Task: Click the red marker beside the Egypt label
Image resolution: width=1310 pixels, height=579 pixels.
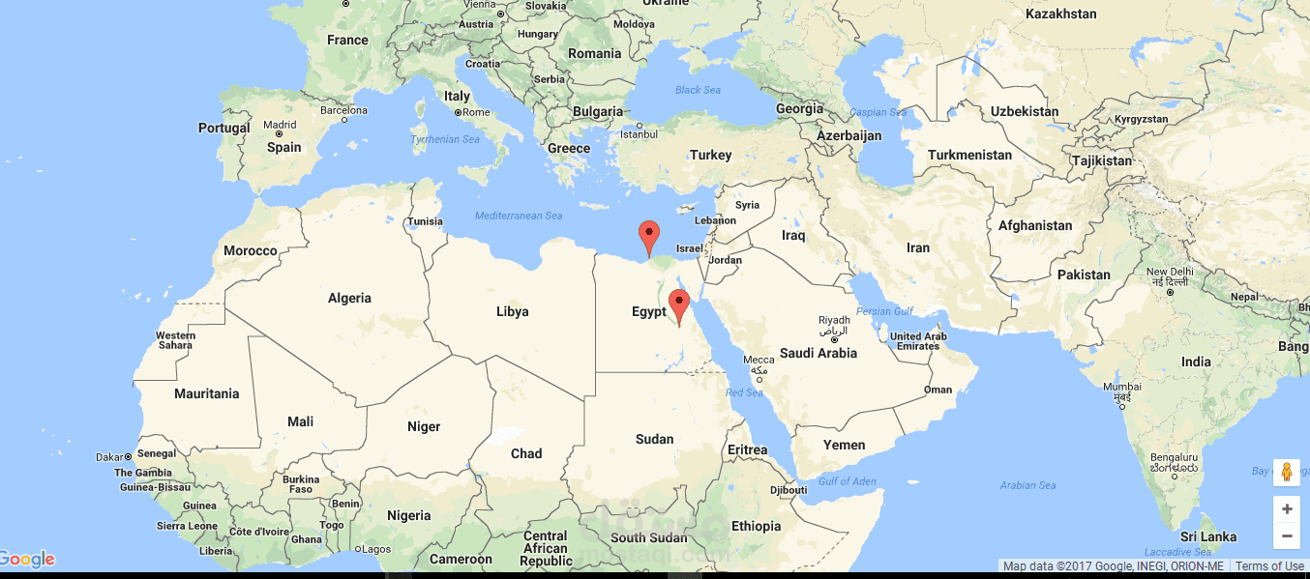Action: tap(679, 305)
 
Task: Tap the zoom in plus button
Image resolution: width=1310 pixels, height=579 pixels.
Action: tap(1286, 508)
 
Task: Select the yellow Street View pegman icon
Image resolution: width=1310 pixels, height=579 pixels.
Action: tap(1286, 472)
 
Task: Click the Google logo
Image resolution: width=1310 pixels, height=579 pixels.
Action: tap(28, 559)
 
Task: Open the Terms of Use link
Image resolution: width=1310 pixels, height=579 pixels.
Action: tap(1269, 566)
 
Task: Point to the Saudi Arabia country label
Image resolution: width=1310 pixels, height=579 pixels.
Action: tap(818, 353)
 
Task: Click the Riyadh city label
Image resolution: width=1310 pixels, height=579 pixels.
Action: tap(833, 321)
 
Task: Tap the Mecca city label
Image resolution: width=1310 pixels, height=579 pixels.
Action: tap(759, 361)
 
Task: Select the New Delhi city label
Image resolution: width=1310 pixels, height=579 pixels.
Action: tap(1170, 273)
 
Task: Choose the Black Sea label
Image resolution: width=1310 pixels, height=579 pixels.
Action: tap(698, 90)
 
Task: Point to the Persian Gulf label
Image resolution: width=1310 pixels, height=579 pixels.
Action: tap(885, 311)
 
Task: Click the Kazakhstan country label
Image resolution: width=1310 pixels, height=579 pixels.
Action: tap(1060, 14)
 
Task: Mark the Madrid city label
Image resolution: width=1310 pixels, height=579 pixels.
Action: tap(281, 125)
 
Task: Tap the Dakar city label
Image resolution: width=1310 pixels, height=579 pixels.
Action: tap(109, 456)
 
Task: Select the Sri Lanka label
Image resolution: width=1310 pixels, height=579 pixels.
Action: tap(1207, 536)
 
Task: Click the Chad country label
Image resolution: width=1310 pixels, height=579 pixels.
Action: tap(526, 453)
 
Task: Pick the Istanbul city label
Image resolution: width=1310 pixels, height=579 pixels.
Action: tap(639, 133)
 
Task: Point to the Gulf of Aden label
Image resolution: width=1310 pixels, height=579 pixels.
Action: tap(847, 481)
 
